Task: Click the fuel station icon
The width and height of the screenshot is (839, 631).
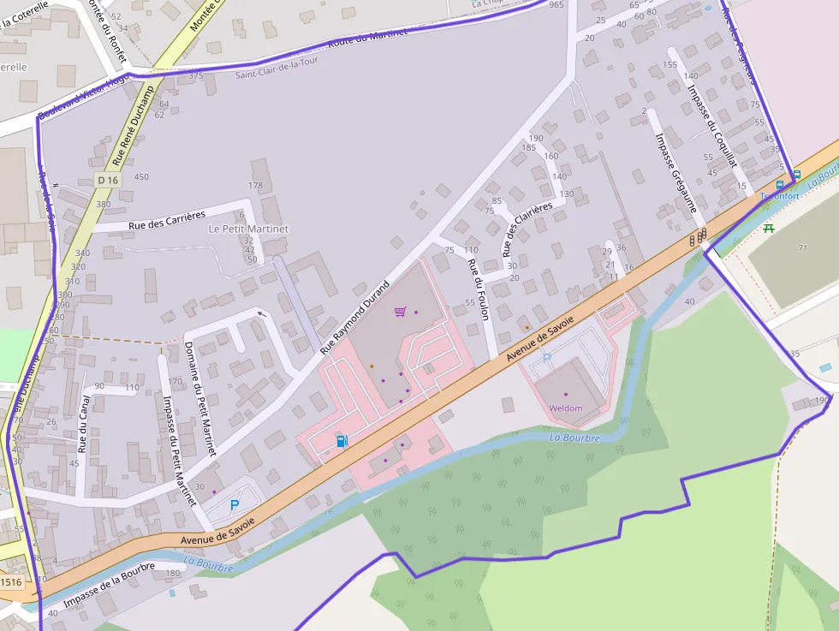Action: pos(342,441)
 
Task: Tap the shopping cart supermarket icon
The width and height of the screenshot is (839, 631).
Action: pos(400,312)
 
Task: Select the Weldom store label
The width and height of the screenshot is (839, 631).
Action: pos(566,408)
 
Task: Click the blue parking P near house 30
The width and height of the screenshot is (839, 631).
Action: pos(235,505)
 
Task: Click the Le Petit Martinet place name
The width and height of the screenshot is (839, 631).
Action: pos(248,229)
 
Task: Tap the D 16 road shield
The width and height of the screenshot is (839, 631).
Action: pos(108,180)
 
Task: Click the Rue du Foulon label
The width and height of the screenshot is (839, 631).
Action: pos(477,289)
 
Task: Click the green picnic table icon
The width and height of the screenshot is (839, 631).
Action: pos(768,228)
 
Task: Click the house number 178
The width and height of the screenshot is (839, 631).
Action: pos(255,186)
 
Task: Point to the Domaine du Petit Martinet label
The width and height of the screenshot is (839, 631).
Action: pos(200,398)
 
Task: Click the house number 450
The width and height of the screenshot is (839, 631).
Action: pos(141,177)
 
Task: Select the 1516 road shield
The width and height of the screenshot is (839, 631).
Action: pos(11,582)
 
